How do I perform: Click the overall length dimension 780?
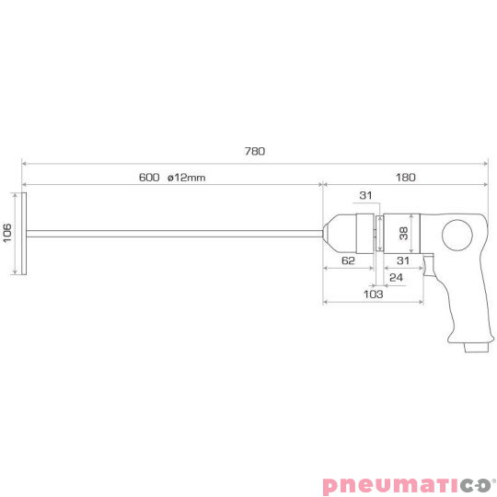pyautogui.click(x=255, y=151)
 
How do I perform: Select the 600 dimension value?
pyautogui.click(x=150, y=176)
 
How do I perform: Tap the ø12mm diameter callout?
pyautogui.click(x=187, y=176)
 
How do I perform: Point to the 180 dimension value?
pyautogui.click(x=406, y=176)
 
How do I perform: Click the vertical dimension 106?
pyautogui.click(x=8, y=234)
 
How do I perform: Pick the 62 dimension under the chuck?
pyautogui.click(x=348, y=262)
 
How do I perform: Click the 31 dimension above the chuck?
pyautogui.click(x=365, y=195)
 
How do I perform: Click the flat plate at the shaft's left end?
pyautogui.click(x=25, y=234)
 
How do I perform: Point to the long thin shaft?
pyautogui.click(x=175, y=234)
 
